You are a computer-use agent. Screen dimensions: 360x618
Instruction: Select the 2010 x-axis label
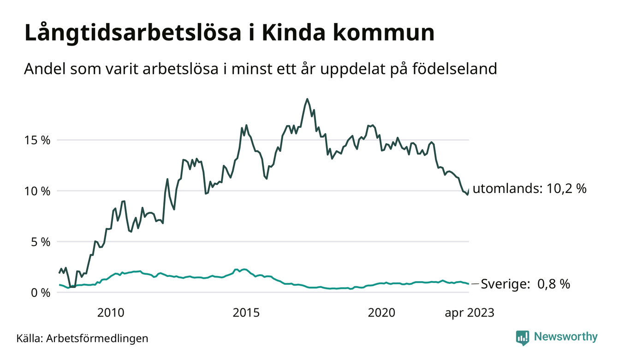click(111, 313)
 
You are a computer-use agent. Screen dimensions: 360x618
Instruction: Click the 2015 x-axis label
click(246, 313)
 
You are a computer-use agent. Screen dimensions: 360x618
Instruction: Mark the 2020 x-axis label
click(381, 313)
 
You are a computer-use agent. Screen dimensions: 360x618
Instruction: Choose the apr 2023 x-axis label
click(469, 313)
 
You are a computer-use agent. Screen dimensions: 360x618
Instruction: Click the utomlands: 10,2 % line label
click(529, 189)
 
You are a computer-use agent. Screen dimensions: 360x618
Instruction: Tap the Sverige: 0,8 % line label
click(525, 284)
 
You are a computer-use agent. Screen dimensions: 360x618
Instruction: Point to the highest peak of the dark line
click(307, 99)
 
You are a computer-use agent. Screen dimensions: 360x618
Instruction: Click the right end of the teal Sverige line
click(469, 284)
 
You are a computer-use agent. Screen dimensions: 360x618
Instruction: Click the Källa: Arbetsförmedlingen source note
click(83, 338)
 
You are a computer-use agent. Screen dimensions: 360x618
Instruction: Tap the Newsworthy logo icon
click(523, 337)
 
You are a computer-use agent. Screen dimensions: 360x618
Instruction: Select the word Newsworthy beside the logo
click(566, 337)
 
